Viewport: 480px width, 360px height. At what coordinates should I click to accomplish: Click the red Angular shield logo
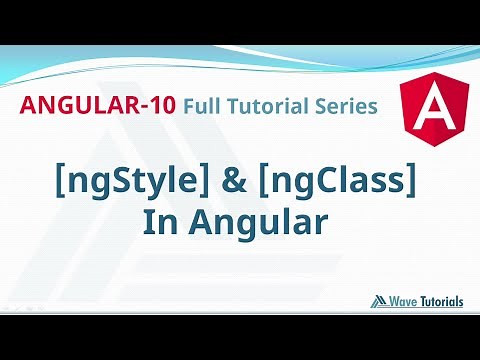tap(427, 104)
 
